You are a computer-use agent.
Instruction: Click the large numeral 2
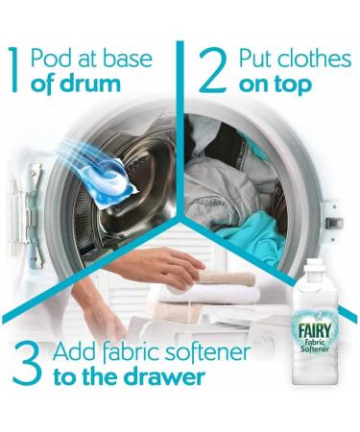[209, 68]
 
